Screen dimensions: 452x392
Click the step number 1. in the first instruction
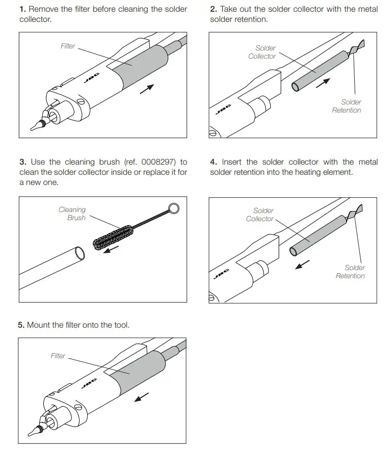pos(23,9)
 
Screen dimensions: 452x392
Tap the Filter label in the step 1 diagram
pos(68,46)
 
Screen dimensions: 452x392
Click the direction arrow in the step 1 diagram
pos(147,89)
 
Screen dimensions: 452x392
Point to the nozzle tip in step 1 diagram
pos(35,125)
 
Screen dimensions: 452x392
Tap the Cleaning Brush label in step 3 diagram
pos(72,214)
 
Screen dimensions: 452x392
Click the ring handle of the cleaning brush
pos(173,208)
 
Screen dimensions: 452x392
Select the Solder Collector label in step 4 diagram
pos(260,215)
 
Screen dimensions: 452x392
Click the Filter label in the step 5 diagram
pos(58,356)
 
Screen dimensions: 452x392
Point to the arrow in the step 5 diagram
pos(142,396)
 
